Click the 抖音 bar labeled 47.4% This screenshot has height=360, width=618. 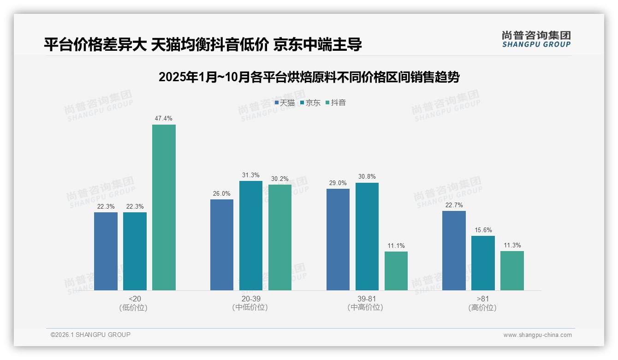(164, 207)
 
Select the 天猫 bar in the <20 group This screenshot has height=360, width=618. (106, 251)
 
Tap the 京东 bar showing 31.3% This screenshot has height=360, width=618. (250, 235)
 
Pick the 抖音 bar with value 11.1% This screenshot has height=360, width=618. (396, 271)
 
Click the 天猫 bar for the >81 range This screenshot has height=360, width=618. (454, 251)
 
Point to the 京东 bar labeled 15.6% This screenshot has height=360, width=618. (483, 263)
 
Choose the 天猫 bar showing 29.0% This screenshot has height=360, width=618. (338, 240)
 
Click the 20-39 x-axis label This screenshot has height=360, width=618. (250, 299)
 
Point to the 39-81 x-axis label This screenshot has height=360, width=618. (367, 299)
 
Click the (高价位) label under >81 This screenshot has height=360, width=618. (482, 308)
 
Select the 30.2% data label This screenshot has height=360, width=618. (279, 179)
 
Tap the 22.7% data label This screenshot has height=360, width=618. (454, 205)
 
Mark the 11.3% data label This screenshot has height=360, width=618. (512, 246)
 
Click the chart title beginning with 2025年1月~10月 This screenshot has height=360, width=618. (309, 77)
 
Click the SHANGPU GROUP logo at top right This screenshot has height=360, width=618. (536, 39)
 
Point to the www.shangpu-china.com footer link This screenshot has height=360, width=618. (537, 335)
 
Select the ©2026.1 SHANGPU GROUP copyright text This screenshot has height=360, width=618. (90, 335)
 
